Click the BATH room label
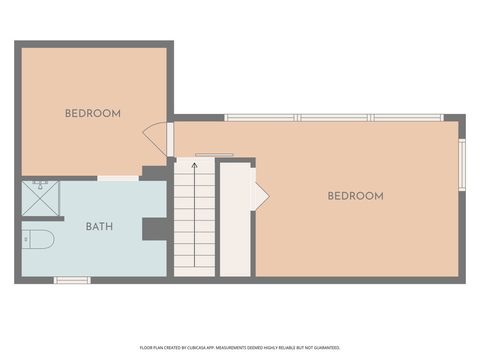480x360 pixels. click(x=99, y=226)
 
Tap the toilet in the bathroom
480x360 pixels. click(x=38, y=240)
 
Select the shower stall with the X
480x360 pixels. click(x=40, y=198)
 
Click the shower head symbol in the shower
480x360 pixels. click(x=40, y=185)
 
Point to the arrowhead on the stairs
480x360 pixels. click(x=195, y=165)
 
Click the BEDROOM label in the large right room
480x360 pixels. click(x=356, y=196)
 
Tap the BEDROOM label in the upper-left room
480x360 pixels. click(x=93, y=113)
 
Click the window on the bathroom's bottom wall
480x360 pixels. click(x=72, y=280)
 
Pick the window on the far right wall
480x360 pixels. click(x=462, y=165)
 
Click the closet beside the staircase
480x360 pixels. click(x=235, y=219)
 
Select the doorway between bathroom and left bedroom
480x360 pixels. click(x=118, y=178)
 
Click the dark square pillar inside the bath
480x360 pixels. click(x=155, y=229)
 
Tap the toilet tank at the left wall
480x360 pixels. click(x=26, y=240)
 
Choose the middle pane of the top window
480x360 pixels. click(x=334, y=118)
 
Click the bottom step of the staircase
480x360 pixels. click(x=195, y=271)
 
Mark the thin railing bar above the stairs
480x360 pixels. click(x=214, y=155)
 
